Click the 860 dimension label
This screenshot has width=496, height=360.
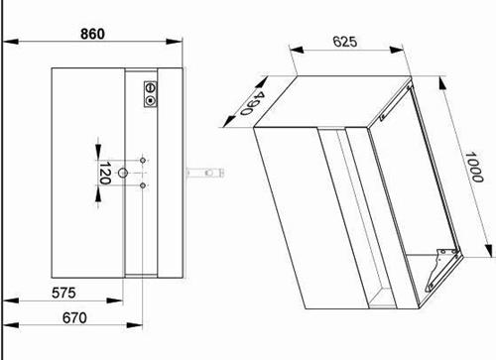(x=92, y=34)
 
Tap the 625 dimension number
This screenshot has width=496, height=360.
(x=345, y=42)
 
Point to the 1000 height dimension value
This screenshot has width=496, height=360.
(x=474, y=167)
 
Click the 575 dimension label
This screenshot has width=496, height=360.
(x=63, y=293)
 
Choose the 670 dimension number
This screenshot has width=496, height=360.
(x=74, y=317)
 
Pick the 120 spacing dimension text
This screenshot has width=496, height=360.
(x=104, y=173)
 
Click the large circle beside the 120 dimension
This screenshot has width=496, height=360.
(x=123, y=173)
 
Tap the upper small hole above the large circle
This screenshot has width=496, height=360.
(x=143, y=161)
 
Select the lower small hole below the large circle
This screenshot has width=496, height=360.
(x=143, y=185)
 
